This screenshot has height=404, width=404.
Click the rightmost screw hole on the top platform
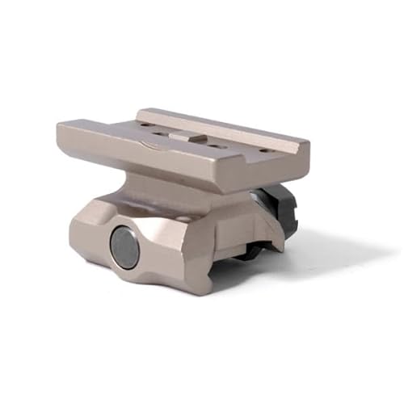tap(265, 149)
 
